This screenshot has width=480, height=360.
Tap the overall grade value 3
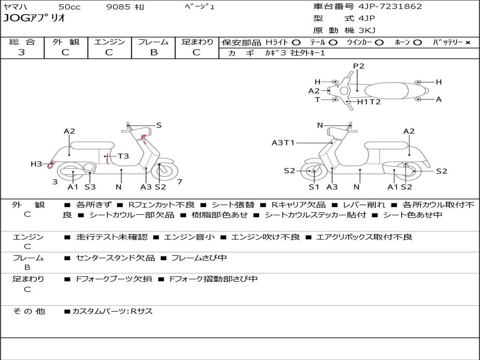coord(22,52)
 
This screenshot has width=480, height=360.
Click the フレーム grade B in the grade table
coord(153,52)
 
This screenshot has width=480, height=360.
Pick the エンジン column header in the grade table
coord(109,42)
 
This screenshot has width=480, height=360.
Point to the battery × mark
coord(467,43)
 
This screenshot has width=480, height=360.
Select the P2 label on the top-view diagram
coord(359,66)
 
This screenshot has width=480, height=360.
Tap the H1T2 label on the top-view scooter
coord(369,102)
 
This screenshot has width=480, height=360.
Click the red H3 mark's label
coord(36,164)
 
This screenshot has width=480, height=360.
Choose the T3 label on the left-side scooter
coord(123,156)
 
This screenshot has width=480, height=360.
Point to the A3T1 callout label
coord(283,143)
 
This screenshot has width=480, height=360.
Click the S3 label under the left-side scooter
coord(90,187)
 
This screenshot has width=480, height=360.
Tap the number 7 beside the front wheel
coord(180,181)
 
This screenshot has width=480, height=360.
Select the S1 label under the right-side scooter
coord(314,187)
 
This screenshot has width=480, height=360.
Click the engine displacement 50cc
coord(69,7)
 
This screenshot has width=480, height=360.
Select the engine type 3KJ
coord(367,30)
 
